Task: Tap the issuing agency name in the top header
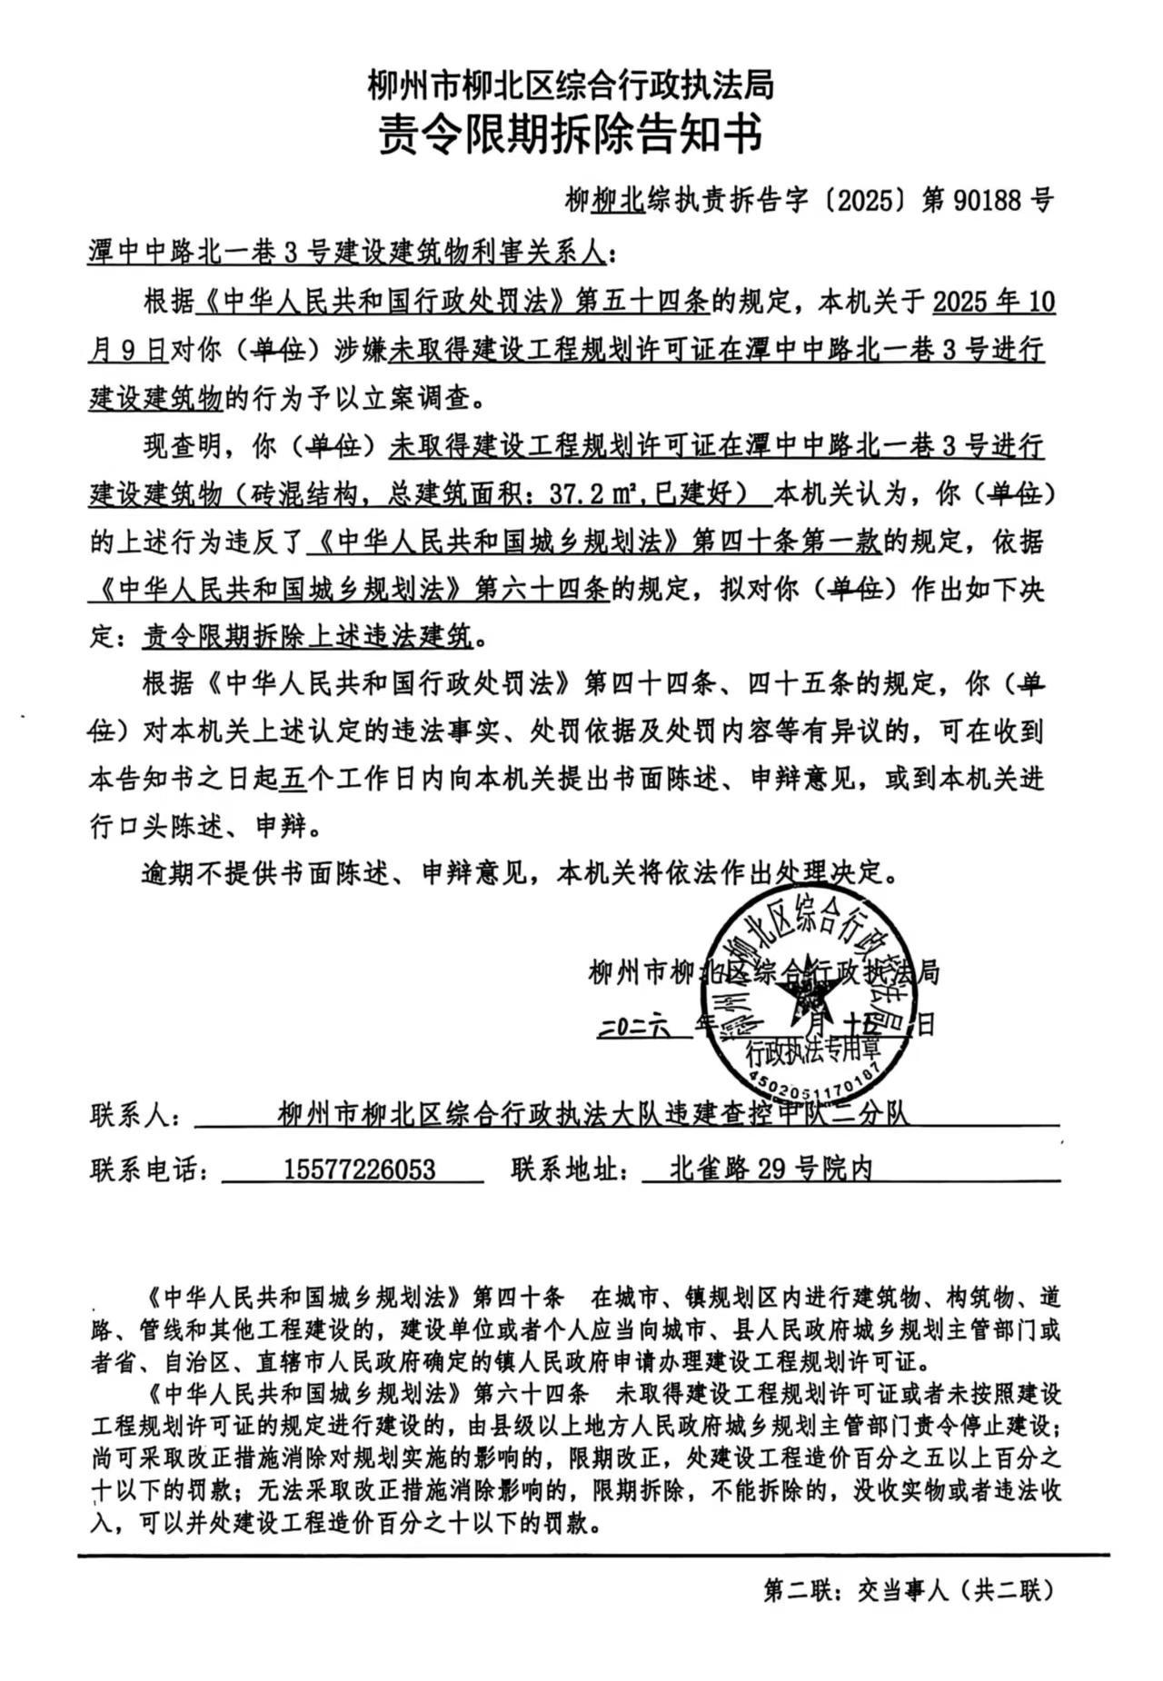[x=570, y=86]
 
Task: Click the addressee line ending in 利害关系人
[x=345, y=252]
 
